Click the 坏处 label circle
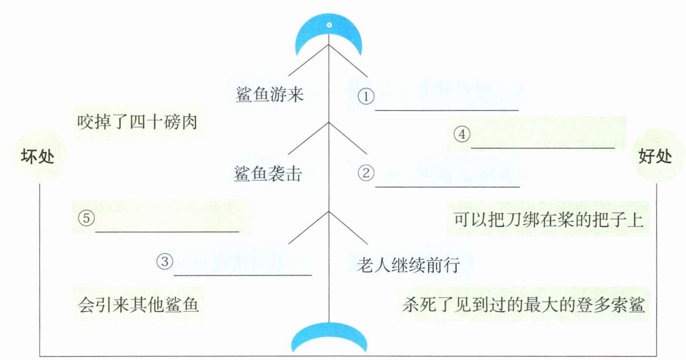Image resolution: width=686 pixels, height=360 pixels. click(38, 156)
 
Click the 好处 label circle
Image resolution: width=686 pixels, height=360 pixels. click(655, 156)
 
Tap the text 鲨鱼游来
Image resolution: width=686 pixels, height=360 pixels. click(269, 94)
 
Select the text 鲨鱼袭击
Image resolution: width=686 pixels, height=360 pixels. click(268, 174)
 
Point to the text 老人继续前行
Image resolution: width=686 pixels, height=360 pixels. click(408, 265)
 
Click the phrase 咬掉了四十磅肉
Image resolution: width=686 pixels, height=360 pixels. click(138, 122)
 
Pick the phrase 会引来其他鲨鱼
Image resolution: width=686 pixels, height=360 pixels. click(138, 304)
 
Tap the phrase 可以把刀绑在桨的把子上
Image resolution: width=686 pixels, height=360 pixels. click(548, 219)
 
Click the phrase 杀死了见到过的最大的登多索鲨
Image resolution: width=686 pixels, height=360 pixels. click(524, 304)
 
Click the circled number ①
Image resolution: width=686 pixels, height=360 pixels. click(366, 96)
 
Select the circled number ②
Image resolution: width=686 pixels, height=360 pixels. click(366, 173)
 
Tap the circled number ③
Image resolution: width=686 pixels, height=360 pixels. click(165, 262)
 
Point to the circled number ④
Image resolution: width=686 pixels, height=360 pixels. click(462, 134)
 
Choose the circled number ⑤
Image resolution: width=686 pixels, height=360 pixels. click(86, 218)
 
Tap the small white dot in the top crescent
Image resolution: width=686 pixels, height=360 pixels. click(329, 25)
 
